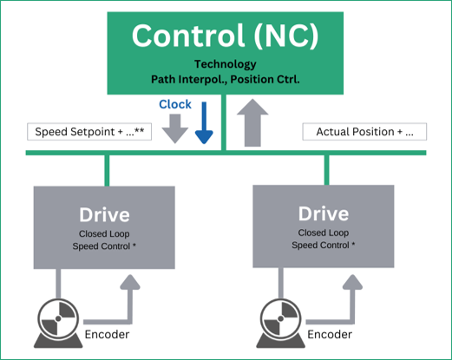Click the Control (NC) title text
226,36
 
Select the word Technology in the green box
226,64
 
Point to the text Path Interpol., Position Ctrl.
226,79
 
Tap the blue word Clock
175,104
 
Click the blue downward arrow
204,122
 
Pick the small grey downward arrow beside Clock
175,128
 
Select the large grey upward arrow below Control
252,122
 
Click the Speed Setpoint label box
89,132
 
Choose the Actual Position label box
364,132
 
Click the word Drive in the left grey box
104,215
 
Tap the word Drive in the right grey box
324,213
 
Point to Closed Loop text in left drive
104,233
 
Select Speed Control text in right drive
324,245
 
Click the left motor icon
58,323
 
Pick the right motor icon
280,323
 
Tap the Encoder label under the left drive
107,335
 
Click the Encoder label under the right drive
330,335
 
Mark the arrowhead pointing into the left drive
130,282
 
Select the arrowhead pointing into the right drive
352,282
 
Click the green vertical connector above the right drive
327,170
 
